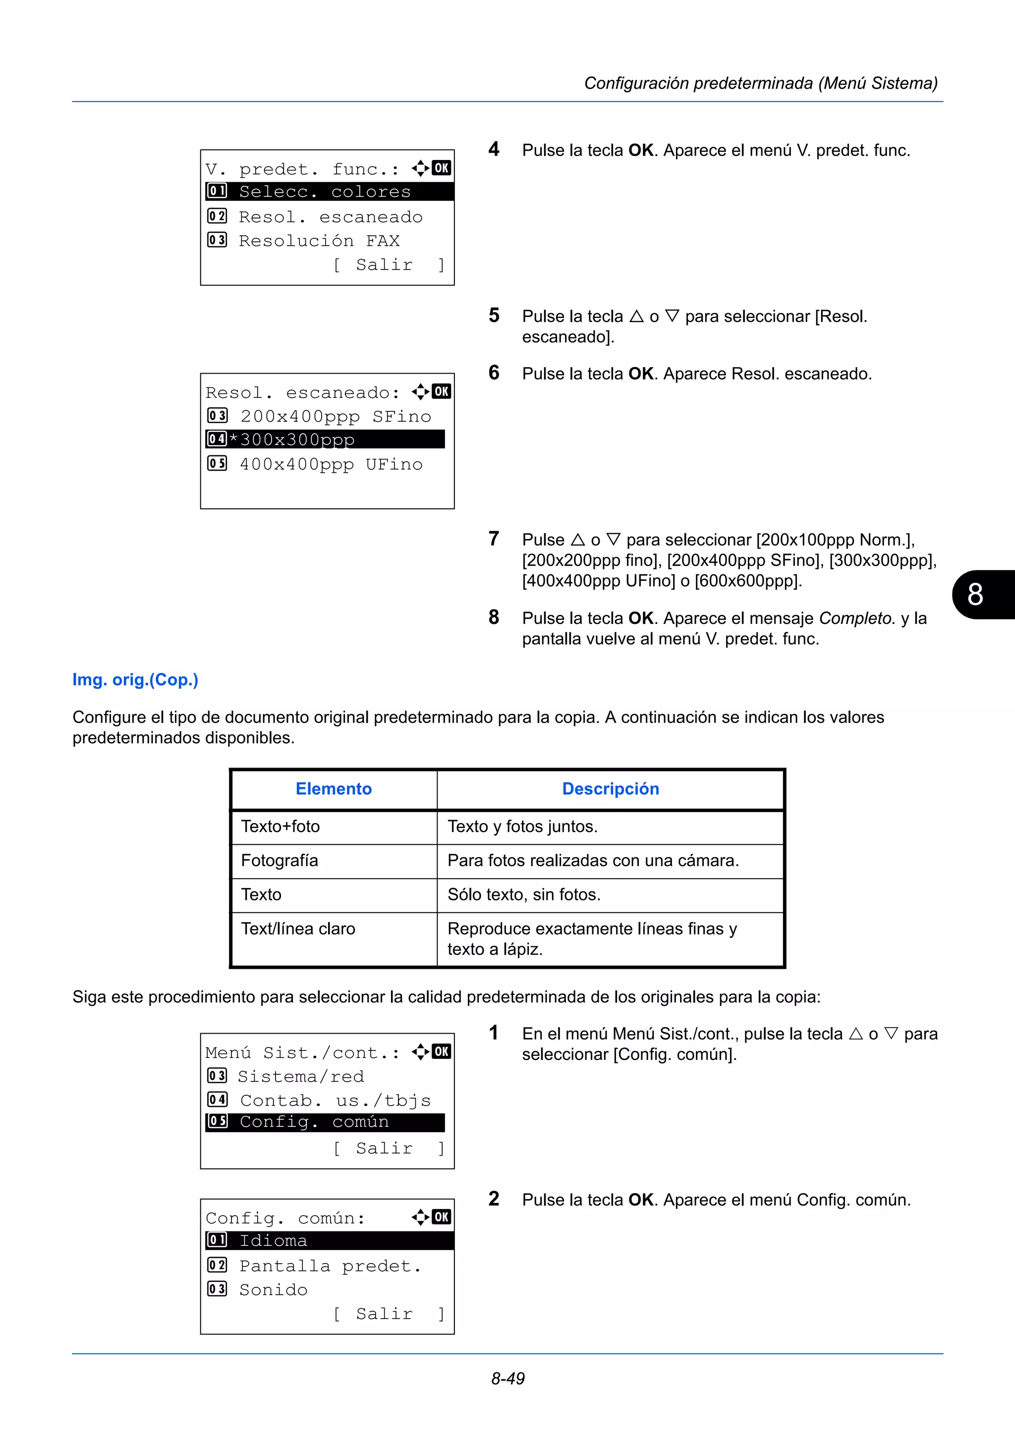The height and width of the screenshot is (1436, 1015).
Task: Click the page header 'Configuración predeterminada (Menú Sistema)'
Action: click(x=760, y=83)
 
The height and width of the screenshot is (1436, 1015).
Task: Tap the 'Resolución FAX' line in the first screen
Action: click(x=319, y=241)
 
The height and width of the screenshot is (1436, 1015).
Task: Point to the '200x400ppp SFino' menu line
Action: click(x=335, y=417)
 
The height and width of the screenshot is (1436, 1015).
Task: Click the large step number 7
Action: click(x=494, y=539)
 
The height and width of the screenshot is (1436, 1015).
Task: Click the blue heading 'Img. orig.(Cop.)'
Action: click(x=135, y=680)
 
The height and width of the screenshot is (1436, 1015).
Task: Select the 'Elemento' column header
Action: click(x=334, y=789)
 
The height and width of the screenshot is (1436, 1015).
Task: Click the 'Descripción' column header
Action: click(x=611, y=789)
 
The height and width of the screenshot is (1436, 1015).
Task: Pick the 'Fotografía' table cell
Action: click(x=280, y=861)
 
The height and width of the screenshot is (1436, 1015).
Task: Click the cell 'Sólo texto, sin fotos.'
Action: click(x=524, y=895)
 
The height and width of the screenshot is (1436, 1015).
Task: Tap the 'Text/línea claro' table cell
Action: click(x=298, y=929)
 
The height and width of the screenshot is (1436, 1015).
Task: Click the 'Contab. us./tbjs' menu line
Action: click(x=335, y=1100)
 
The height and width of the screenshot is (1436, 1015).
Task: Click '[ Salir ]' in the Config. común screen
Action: click(x=389, y=1314)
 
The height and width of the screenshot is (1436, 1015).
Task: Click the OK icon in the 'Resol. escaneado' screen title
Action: click(x=441, y=391)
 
